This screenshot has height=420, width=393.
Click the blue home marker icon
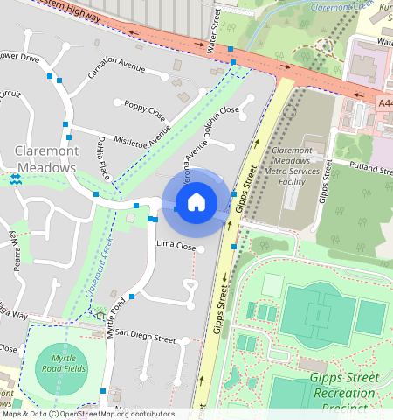tap(196, 202)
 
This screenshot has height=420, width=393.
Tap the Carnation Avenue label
tap(116, 68)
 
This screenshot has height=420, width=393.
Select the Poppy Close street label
tap(144, 109)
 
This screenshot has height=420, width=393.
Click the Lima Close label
tap(176, 246)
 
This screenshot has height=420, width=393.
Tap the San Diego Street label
tap(146, 334)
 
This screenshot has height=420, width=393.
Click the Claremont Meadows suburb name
tap(48, 159)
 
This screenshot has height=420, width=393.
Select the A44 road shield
tap(385, 103)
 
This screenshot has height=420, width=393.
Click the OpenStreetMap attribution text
tap(87, 414)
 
